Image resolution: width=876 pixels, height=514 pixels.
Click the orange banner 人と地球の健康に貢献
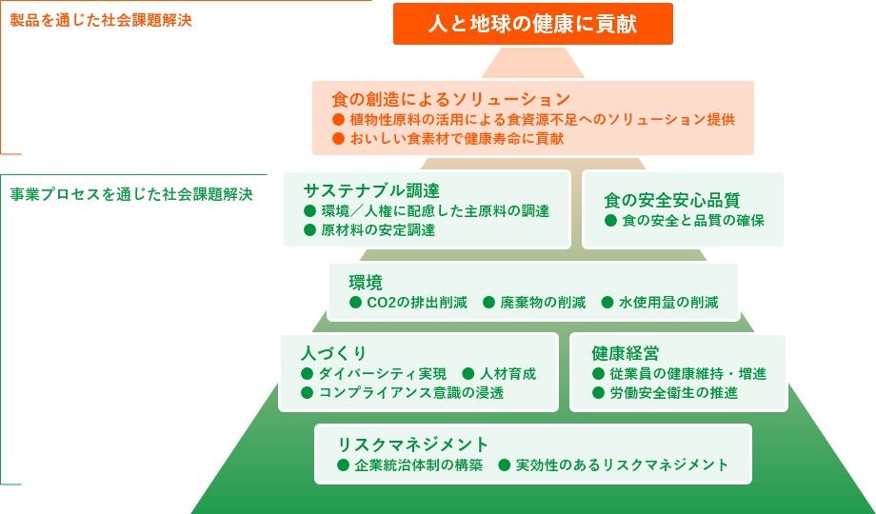coord(532,24)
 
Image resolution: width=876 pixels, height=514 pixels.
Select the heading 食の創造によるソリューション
coord(450,99)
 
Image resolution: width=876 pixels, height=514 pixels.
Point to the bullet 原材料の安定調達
coord(377,230)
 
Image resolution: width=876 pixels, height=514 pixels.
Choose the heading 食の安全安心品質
coord(671,200)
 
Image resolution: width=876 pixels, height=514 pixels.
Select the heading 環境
coord(366,282)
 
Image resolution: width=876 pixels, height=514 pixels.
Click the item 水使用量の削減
coord(667,303)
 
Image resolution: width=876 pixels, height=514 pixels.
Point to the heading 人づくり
coord(333,352)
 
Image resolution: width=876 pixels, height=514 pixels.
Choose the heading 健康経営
coord(623,352)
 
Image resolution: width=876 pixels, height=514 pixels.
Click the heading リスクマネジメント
coord(413,444)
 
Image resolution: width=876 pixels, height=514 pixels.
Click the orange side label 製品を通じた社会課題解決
coord(100,19)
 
